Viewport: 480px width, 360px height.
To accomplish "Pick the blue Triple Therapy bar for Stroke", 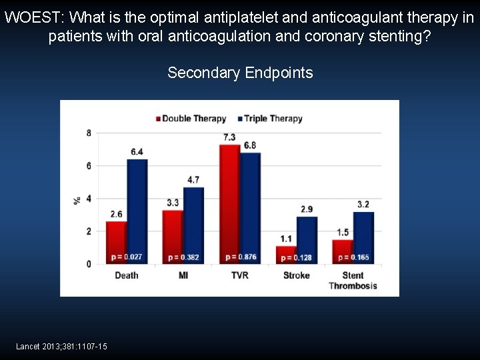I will (x=307, y=240).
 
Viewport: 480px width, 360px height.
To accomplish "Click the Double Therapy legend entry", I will (x=191, y=119).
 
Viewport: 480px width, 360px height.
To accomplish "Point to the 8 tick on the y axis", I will (x=89, y=133).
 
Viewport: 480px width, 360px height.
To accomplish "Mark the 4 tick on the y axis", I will (x=89, y=199).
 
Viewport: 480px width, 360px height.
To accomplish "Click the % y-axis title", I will (x=77, y=199).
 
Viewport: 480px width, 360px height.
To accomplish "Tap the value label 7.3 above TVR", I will (x=229, y=137).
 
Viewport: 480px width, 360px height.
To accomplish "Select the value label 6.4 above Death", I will (x=137, y=152).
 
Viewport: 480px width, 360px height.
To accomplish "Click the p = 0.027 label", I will (x=127, y=257).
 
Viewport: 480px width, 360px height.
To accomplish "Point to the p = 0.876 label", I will (x=241, y=257).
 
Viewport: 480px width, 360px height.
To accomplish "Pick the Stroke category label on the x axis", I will (x=296, y=275).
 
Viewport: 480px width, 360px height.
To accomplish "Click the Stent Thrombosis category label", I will (x=353, y=281).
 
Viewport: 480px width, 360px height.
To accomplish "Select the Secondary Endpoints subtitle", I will (x=240, y=73).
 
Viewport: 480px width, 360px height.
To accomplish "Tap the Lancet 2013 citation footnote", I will (x=61, y=346).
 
